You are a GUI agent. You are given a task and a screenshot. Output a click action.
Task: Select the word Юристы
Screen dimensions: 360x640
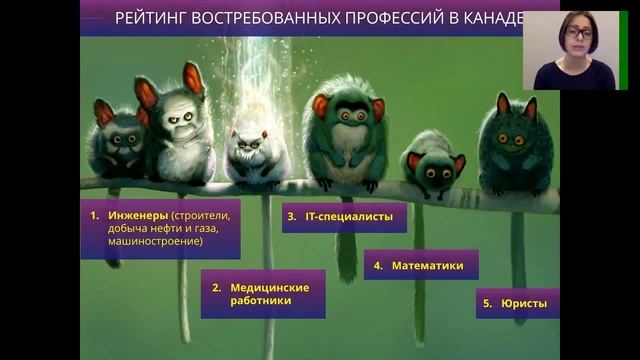(524, 302)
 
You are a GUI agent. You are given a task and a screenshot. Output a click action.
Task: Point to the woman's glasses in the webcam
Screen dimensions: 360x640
(578, 33)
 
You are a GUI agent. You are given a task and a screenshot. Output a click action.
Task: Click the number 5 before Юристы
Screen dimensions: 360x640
(488, 302)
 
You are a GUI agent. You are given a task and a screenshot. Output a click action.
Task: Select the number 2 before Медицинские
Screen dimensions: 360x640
(216, 287)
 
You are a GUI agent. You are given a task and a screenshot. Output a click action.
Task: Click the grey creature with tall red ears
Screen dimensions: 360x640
(180, 125)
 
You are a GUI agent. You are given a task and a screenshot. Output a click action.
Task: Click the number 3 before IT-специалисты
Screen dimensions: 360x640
(291, 215)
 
